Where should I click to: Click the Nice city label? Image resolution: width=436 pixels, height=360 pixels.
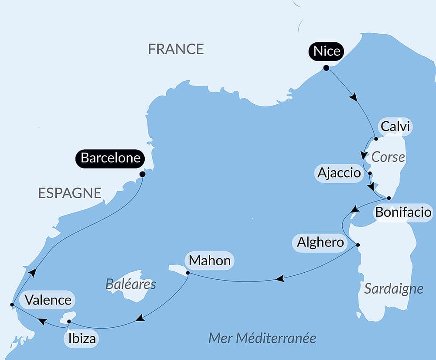[x=327, y=51]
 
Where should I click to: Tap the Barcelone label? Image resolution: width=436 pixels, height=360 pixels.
[x=110, y=158]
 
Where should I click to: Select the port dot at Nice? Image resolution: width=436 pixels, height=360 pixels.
[x=326, y=68]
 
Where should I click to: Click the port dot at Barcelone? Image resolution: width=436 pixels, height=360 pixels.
[x=142, y=174]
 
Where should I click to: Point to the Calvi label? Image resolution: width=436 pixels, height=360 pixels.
[x=395, y=127]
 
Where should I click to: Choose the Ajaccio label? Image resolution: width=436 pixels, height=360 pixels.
[x=339, y=173]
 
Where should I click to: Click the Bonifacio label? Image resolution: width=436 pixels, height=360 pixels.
[x=403, y=213]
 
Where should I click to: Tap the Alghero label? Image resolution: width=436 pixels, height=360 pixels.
[x=320, y=242]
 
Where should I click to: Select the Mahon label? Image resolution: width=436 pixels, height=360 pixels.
[x=210, y=261]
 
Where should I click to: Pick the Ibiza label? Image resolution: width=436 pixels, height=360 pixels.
[x=82, y=338]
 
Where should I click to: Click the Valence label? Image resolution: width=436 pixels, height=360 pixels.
[x=48, y=300]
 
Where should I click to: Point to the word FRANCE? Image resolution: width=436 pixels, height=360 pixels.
[x=176, y=49]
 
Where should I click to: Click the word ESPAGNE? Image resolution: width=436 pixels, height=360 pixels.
[x=70, y=193]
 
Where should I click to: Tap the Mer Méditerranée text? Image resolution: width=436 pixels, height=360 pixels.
[x=262, y=338]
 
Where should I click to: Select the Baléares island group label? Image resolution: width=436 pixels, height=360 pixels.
[x=131, y=285]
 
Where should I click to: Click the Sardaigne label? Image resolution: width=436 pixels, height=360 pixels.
[x=393, y=288]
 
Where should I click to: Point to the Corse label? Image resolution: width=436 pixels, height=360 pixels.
[x=388, y=157]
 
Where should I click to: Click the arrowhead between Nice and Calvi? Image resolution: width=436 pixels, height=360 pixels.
[x=354, y=97]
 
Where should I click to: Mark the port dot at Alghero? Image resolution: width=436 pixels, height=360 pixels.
[x=358, y=244]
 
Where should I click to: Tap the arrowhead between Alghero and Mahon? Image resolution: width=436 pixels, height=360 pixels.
[x=280, y=278]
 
